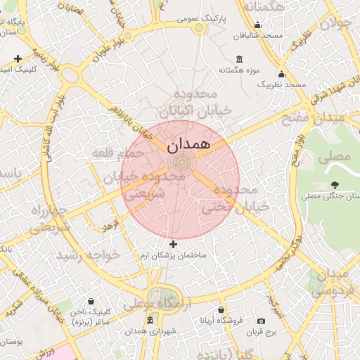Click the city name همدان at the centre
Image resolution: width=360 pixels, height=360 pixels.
(x=189, y=145)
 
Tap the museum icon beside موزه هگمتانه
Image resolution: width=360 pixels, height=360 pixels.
(x=240, y=58)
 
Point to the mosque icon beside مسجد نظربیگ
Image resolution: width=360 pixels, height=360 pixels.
(x=281, y=74)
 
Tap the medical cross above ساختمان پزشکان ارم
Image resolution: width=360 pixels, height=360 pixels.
(x=174, y=244)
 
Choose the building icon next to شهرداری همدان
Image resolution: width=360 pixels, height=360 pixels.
(x=150, y=320)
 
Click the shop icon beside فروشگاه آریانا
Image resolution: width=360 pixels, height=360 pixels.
(x=221, y=309)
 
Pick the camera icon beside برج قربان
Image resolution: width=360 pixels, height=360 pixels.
(x=262, y=321)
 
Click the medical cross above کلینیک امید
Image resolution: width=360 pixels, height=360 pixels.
(x=18, y=58)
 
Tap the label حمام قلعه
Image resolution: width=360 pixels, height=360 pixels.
(x=118, y=153)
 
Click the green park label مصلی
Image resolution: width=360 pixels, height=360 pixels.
(x=335, y=156)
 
